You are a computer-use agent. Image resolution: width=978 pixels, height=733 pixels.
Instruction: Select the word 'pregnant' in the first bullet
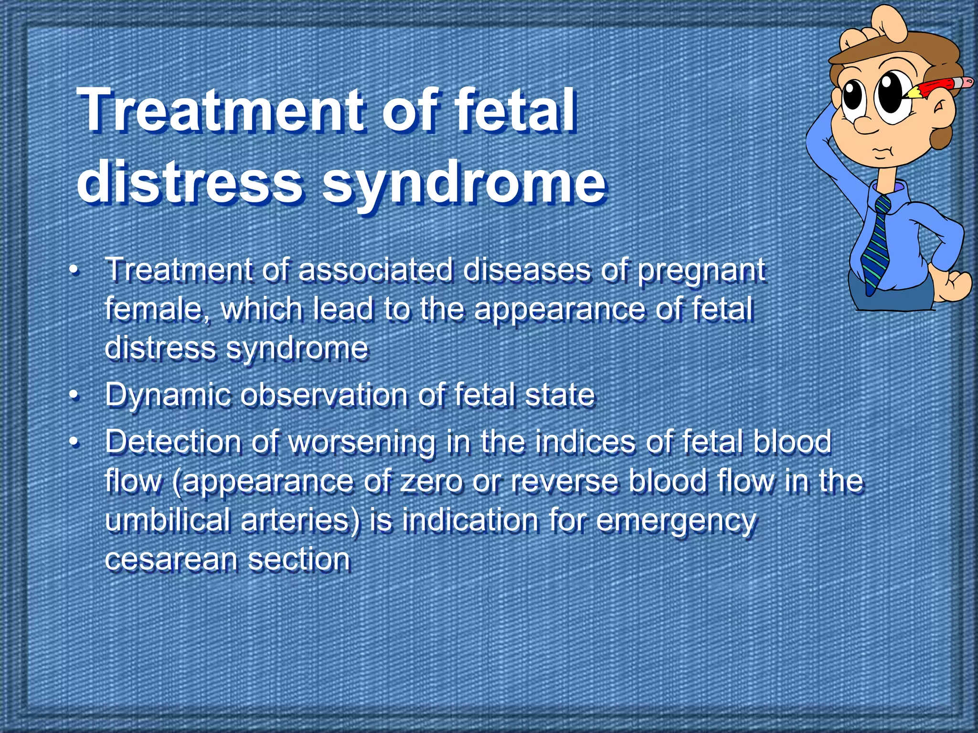702,270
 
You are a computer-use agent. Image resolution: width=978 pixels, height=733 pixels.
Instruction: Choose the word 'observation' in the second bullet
324,395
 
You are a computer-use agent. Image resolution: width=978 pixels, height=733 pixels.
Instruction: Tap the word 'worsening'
362,442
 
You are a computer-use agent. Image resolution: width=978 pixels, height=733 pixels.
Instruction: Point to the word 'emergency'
676,521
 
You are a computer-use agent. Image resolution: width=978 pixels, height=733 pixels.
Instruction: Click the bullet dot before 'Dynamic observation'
73,396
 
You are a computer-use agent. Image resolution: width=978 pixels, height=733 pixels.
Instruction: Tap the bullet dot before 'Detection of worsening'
73,441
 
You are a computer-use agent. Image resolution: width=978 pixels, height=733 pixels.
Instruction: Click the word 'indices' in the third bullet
585,441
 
